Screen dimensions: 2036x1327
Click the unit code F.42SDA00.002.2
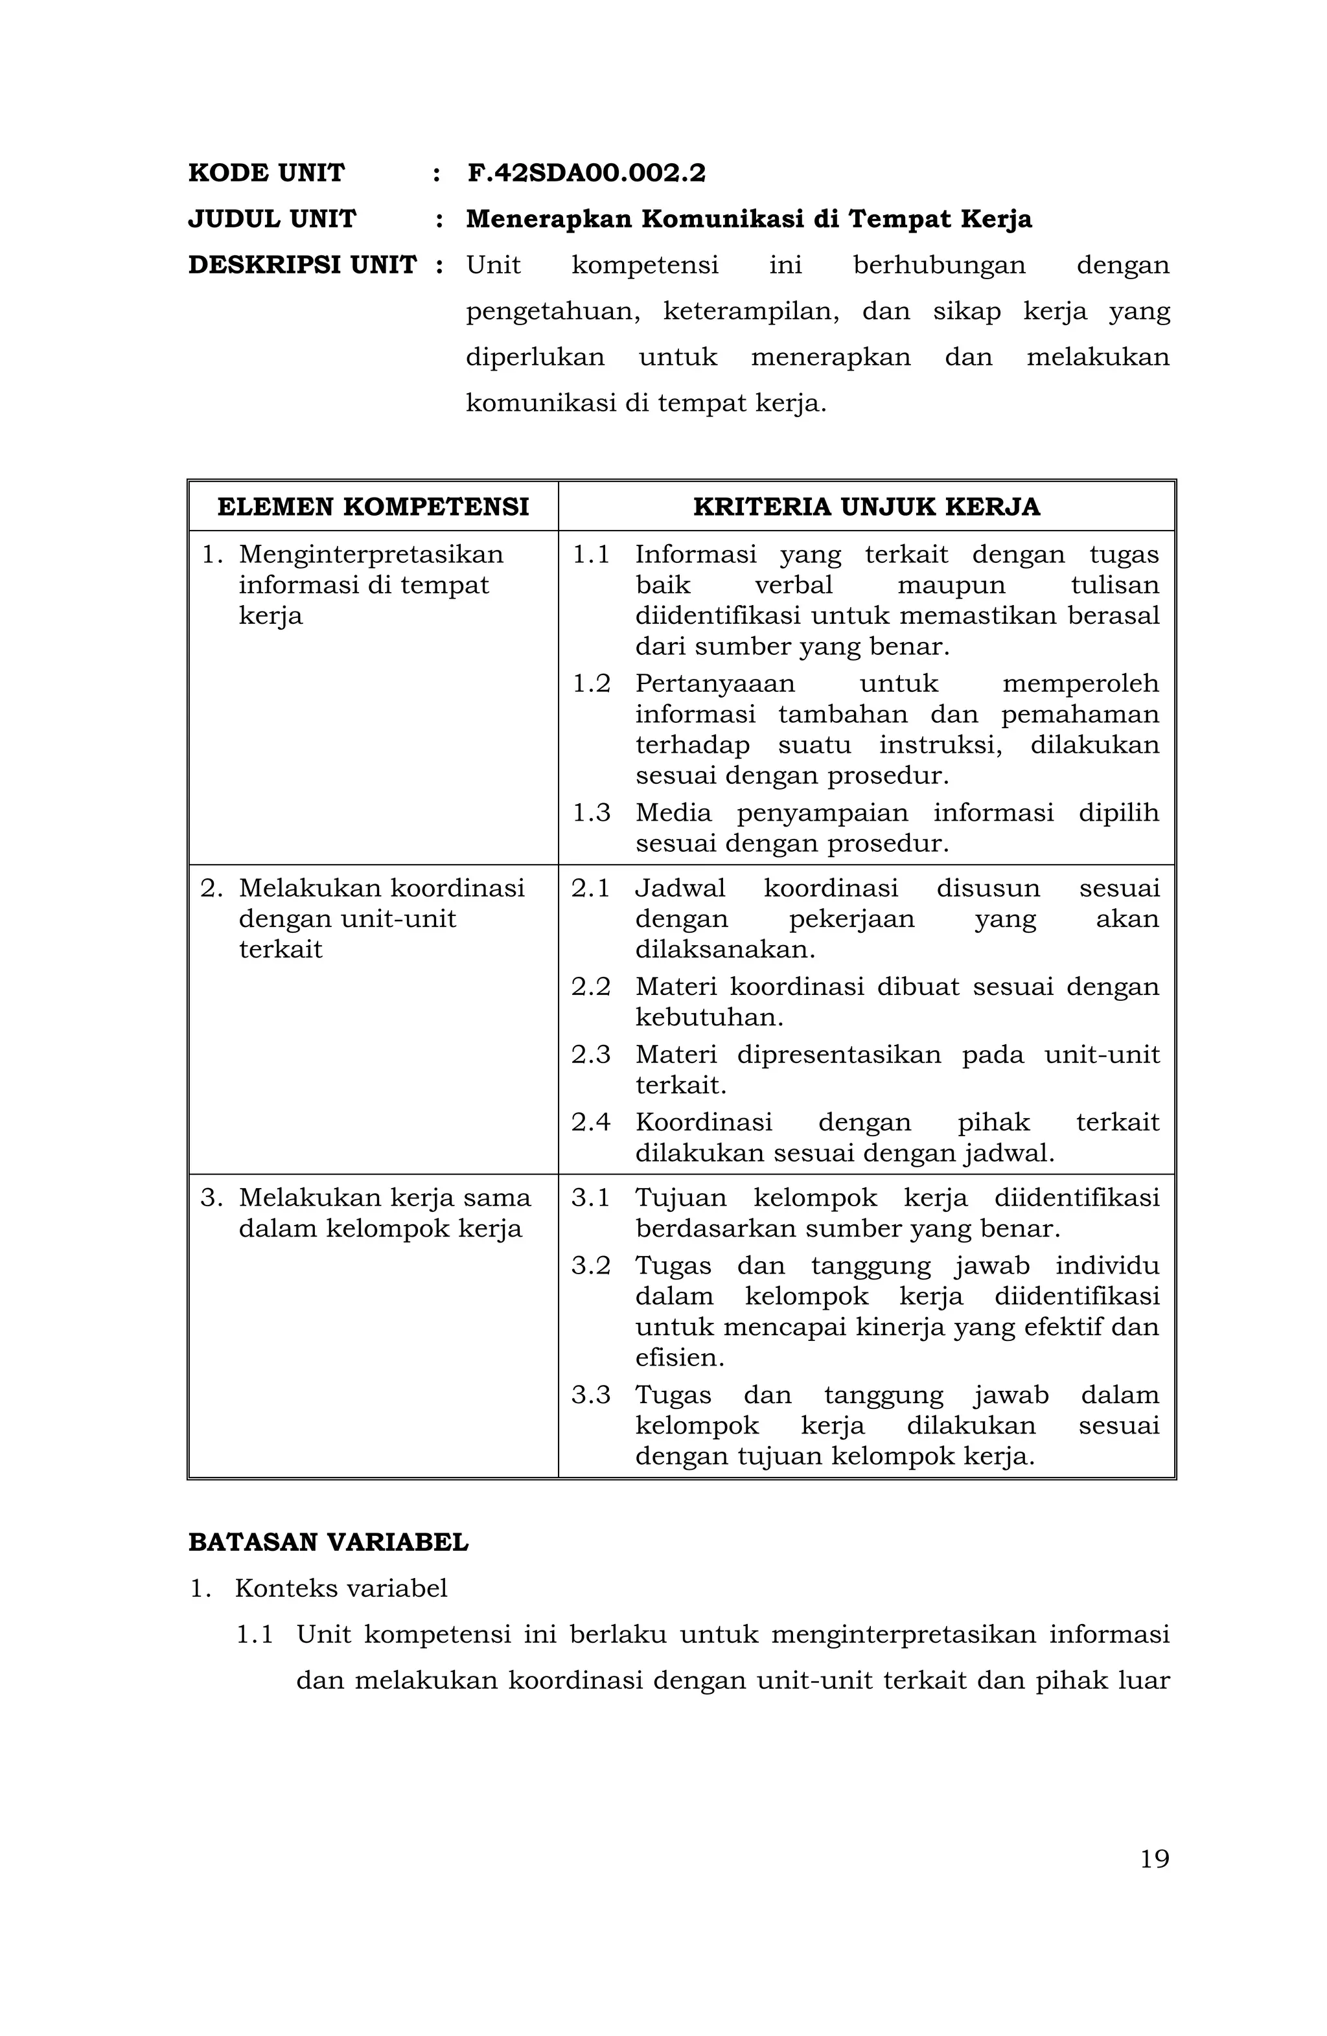pos(586,173)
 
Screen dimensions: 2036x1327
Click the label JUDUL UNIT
pos(271,219)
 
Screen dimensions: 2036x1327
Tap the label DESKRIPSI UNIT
pos(302,265)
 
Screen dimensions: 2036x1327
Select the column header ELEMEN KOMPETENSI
pos(373,507)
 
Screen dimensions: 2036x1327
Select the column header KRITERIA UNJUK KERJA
pos(866,507)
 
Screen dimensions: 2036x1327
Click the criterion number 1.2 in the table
pos(591,683)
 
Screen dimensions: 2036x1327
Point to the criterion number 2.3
pos(591,1055)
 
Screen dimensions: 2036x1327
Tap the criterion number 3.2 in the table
pos(591,1265)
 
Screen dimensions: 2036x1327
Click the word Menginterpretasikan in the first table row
pos(371,555)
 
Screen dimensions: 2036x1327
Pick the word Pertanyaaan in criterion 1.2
pos(715,683)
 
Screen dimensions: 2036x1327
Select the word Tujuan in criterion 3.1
pos(680,1198)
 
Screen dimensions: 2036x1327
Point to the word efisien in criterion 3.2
pos(678,1358)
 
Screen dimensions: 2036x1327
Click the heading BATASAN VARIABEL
pos(328,1542)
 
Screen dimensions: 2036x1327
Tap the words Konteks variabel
pos(341,1588)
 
